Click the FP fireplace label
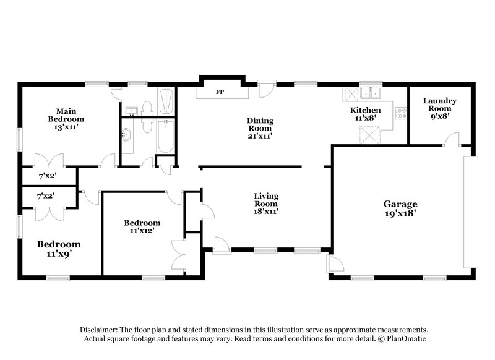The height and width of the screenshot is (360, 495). coord(220,92)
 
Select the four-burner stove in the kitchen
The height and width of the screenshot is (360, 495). coord(401,113)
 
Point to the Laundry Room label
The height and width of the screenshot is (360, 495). coord(439,105)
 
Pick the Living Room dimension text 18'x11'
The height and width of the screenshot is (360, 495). coord(265,211)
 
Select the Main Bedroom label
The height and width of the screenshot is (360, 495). coord(67,115)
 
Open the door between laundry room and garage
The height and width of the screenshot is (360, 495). coord(454,139)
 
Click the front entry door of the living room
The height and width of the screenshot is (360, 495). coord(221,242)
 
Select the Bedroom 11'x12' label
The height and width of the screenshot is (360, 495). coord(142,226)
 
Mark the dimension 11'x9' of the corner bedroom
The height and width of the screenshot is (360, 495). coord(59,253)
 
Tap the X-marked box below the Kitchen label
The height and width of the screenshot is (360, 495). coord(372,132)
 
